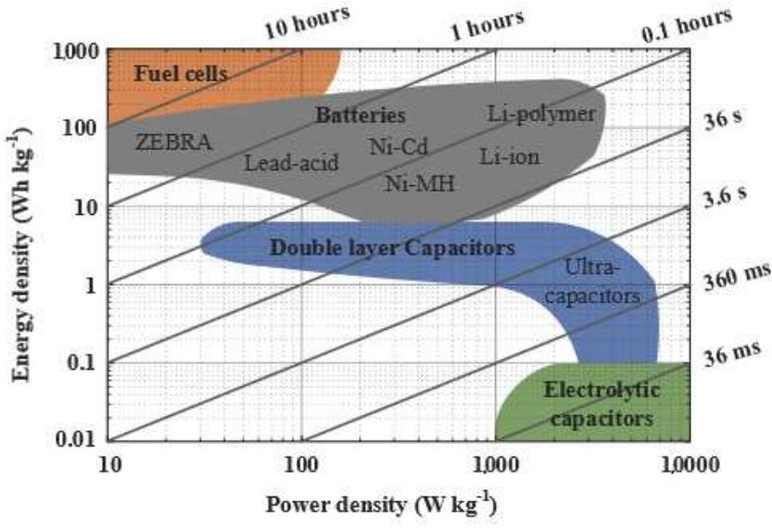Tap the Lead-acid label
tap(291, 163)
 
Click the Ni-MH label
tap(420, 183)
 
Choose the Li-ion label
tap(510, 156)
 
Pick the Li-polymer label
tap(541, 114)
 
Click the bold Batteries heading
tap(361, 116)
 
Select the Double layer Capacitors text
tap(391, 248)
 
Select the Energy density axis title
tap(20, 243)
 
